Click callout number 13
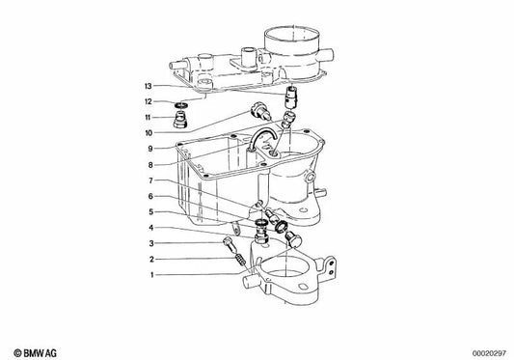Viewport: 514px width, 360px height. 149,86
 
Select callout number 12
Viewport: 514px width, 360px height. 149,101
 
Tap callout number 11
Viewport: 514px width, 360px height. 148,118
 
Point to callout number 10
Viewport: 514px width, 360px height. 149,133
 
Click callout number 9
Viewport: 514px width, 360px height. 150,149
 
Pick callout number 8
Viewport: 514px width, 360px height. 150,165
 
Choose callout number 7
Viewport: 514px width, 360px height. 150,180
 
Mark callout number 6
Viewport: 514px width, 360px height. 150,196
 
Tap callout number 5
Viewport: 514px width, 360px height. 151,212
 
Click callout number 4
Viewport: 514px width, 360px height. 151,228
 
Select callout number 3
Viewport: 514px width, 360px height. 151,243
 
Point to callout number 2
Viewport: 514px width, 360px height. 151,260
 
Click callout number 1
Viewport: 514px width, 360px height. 151,275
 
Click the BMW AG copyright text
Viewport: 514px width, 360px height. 35,353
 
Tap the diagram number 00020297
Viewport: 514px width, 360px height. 489,353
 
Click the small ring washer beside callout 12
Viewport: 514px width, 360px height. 181,105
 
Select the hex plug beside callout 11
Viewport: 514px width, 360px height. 179,120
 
